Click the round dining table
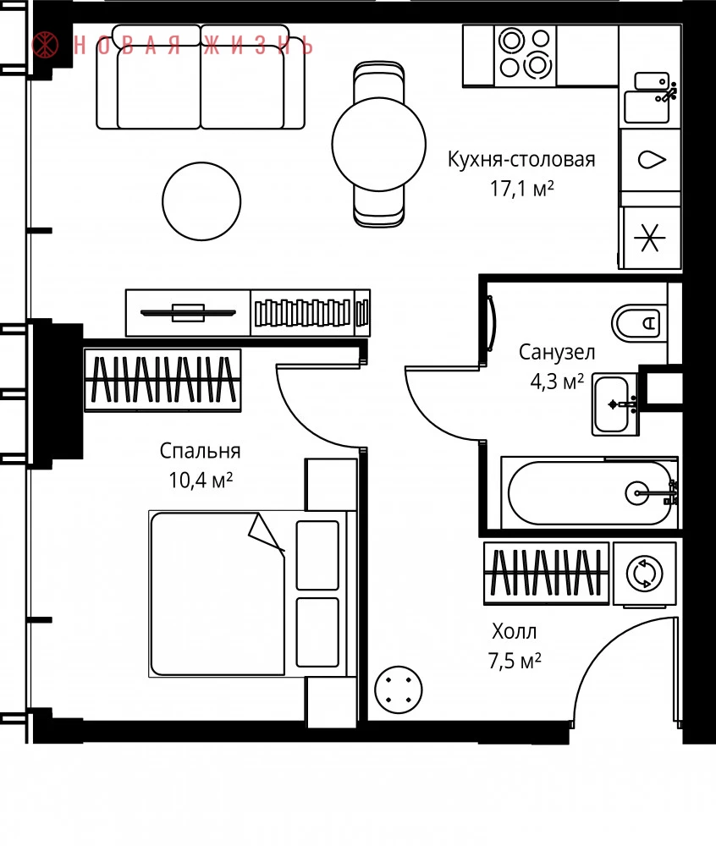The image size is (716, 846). [x=379, y=144]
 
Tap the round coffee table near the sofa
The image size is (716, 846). [x=201, y=201]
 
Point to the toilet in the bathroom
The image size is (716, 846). [x=639, y=322]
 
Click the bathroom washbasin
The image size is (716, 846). [x=614, y=404]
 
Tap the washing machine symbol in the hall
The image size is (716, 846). [x=645, y=573]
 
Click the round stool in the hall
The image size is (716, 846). [x=398, y=689]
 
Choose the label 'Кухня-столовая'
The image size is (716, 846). [x=521, y=160]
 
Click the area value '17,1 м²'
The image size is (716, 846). [x=521, y=189]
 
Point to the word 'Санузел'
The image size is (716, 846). [x=557, y=352]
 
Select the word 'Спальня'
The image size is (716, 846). [x=200, y=451]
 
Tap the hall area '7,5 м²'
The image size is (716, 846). [x=515, y=661]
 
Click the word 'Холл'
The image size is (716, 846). [x=515, y=631]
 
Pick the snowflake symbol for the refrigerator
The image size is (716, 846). [x=649, y=238]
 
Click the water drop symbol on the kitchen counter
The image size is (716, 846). [x=652, y=160]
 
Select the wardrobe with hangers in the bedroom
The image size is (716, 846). [x=162, y=380]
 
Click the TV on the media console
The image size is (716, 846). [x=188, y=312]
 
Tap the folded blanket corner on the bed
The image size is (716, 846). [x=265, y=533]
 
